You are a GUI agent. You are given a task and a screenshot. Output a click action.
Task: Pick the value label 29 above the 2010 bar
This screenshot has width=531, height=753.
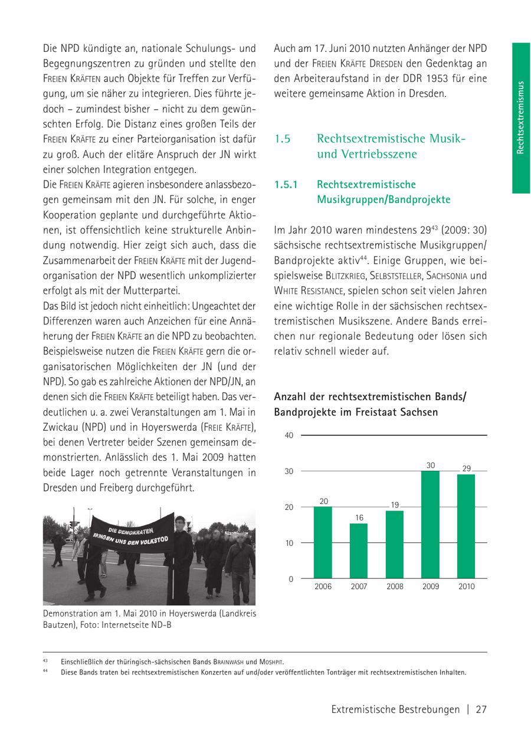click(466, 468)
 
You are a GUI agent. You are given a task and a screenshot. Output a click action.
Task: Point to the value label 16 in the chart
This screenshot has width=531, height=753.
click(359, 518)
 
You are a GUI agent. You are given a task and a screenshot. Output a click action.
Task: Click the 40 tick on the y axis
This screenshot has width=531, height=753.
click(289, 436)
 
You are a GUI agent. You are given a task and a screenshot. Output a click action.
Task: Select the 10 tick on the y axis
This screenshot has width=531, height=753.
click(289, 543)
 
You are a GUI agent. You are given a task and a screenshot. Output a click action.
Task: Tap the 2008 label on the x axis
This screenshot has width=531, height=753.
click(395, 587)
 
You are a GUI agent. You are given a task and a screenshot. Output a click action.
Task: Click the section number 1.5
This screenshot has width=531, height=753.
click(283, 139)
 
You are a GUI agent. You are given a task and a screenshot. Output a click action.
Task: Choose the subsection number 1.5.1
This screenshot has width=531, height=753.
click(287, 185)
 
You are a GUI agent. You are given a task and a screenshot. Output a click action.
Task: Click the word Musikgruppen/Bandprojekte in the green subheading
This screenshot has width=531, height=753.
click(383, 200)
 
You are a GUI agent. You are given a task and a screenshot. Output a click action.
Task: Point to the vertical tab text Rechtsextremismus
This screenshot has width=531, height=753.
click(520, 117)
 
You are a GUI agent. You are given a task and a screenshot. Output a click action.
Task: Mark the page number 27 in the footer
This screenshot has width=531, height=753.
click(481, 710)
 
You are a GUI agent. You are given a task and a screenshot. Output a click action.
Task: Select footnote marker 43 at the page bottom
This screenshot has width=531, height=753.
click(45, 660)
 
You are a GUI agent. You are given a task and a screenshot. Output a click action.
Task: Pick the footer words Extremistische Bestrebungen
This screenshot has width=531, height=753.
click(395, 710)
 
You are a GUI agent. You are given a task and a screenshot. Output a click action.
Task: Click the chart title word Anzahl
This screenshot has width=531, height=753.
click(290, 397)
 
